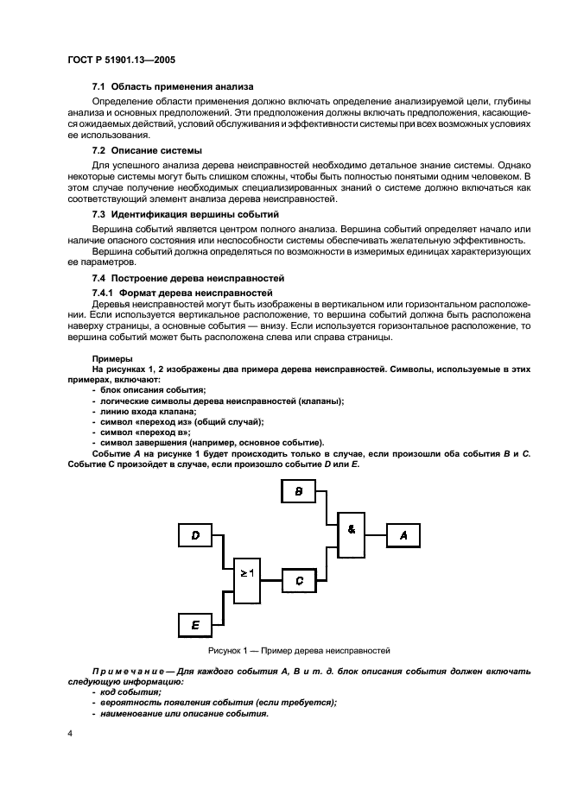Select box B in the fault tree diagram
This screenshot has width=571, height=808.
(299, 491)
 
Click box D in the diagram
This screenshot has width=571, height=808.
(195, 535)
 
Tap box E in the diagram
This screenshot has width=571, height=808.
(195, 623)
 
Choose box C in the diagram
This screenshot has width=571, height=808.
(299, 580)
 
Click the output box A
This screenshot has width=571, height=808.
(403, 535)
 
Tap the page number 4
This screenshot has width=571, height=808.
(70, 734)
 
